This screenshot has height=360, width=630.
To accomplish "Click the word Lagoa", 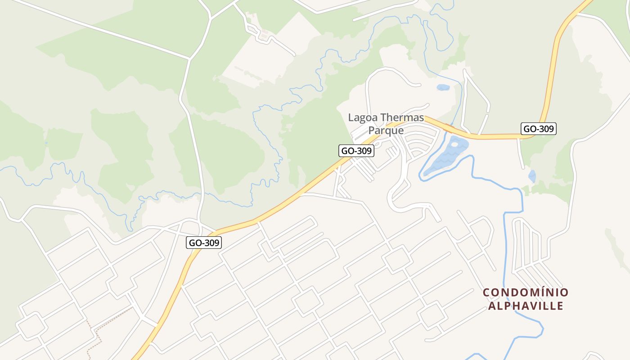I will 363,118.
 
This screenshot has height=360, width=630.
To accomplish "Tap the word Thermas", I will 402,118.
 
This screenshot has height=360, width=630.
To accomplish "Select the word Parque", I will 386,130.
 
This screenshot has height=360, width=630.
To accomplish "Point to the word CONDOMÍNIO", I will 526,292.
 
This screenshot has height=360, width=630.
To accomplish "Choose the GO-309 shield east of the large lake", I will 539,129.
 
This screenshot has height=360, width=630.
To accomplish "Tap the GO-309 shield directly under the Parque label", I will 356,151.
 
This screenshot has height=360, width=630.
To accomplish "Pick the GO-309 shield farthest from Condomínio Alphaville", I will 204,243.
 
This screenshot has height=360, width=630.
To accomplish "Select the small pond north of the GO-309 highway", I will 443,87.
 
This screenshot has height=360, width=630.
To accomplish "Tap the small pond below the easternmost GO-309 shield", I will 532,176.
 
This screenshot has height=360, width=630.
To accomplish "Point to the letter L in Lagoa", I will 351,118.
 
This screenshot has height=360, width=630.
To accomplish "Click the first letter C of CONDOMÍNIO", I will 486,292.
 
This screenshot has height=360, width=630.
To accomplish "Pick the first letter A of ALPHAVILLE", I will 492,306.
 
